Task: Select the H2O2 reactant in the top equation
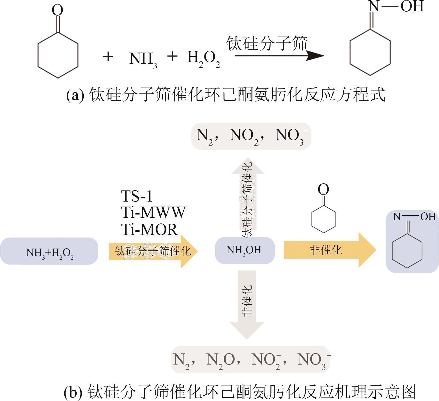pyautogui.click(x=203, y=59)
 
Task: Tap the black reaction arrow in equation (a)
pyautogui.click(x=279, y=56)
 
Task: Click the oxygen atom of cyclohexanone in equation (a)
pyautogui.click(x=57, y=11)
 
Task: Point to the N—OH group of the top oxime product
pyautogui.click(x=396, y=6)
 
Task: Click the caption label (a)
pyautogui.click(x=75, y=96)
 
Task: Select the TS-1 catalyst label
pyautogui.click(x=137, y=196)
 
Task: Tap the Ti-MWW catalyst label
pyautogui.click(x=153, y=212)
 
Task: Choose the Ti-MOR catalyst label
pyautogui.click(x=149, y=229)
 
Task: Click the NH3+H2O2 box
pyautogui.click(x=49, y=251)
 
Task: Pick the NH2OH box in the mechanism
pyautogui.click(x=245, y=250)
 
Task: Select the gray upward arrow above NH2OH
pyautogui.click(x=248, y=198)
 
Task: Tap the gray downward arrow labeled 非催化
pyautogui.click(x=247, y=304)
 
